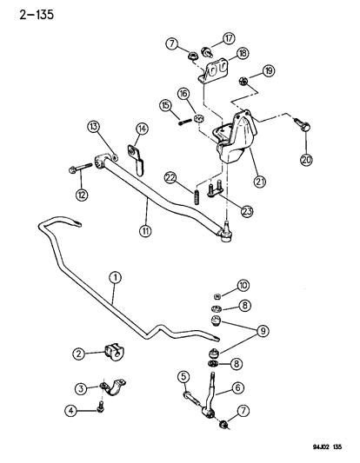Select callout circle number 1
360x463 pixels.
pos(113,278)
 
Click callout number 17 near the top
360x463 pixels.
pos(229,37)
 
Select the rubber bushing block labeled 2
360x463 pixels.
pos(114,354)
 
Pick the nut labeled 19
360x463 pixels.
pos(246,83)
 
